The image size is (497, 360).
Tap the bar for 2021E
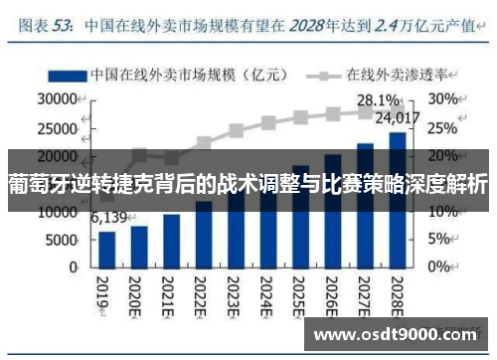(x=172, y=241)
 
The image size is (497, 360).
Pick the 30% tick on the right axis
(x=444, y=99)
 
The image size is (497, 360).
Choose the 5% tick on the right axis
(x=440, y=240)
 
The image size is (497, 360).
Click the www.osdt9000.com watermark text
(x=396, y=334)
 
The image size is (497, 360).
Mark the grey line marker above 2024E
(x=268, y=123)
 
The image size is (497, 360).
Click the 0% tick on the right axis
(x=440, y=268)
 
